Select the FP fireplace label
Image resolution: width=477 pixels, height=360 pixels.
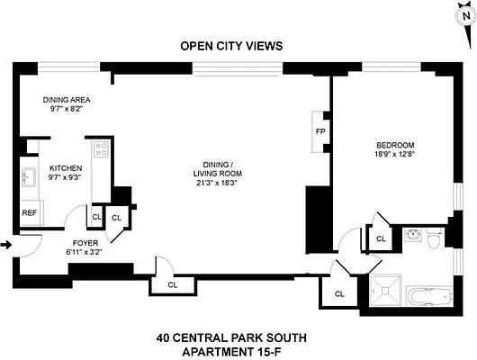tap(319, 130)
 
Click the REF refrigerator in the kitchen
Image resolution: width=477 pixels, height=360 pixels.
tap(29, 214)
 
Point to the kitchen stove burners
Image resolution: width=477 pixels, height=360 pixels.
tap(101, 148)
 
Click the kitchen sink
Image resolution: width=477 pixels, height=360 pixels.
tap(28, 175)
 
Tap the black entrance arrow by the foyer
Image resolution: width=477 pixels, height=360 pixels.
tap(7, 243)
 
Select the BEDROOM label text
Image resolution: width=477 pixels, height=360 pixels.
tap(394, 145)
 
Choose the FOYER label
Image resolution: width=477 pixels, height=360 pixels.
tap(85, 243)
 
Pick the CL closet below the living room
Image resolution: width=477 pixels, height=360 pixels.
tap(171, 285)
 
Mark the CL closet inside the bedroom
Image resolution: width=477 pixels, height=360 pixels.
tap(381, 238)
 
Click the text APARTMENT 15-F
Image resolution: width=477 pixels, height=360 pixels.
tap(231, 350)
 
